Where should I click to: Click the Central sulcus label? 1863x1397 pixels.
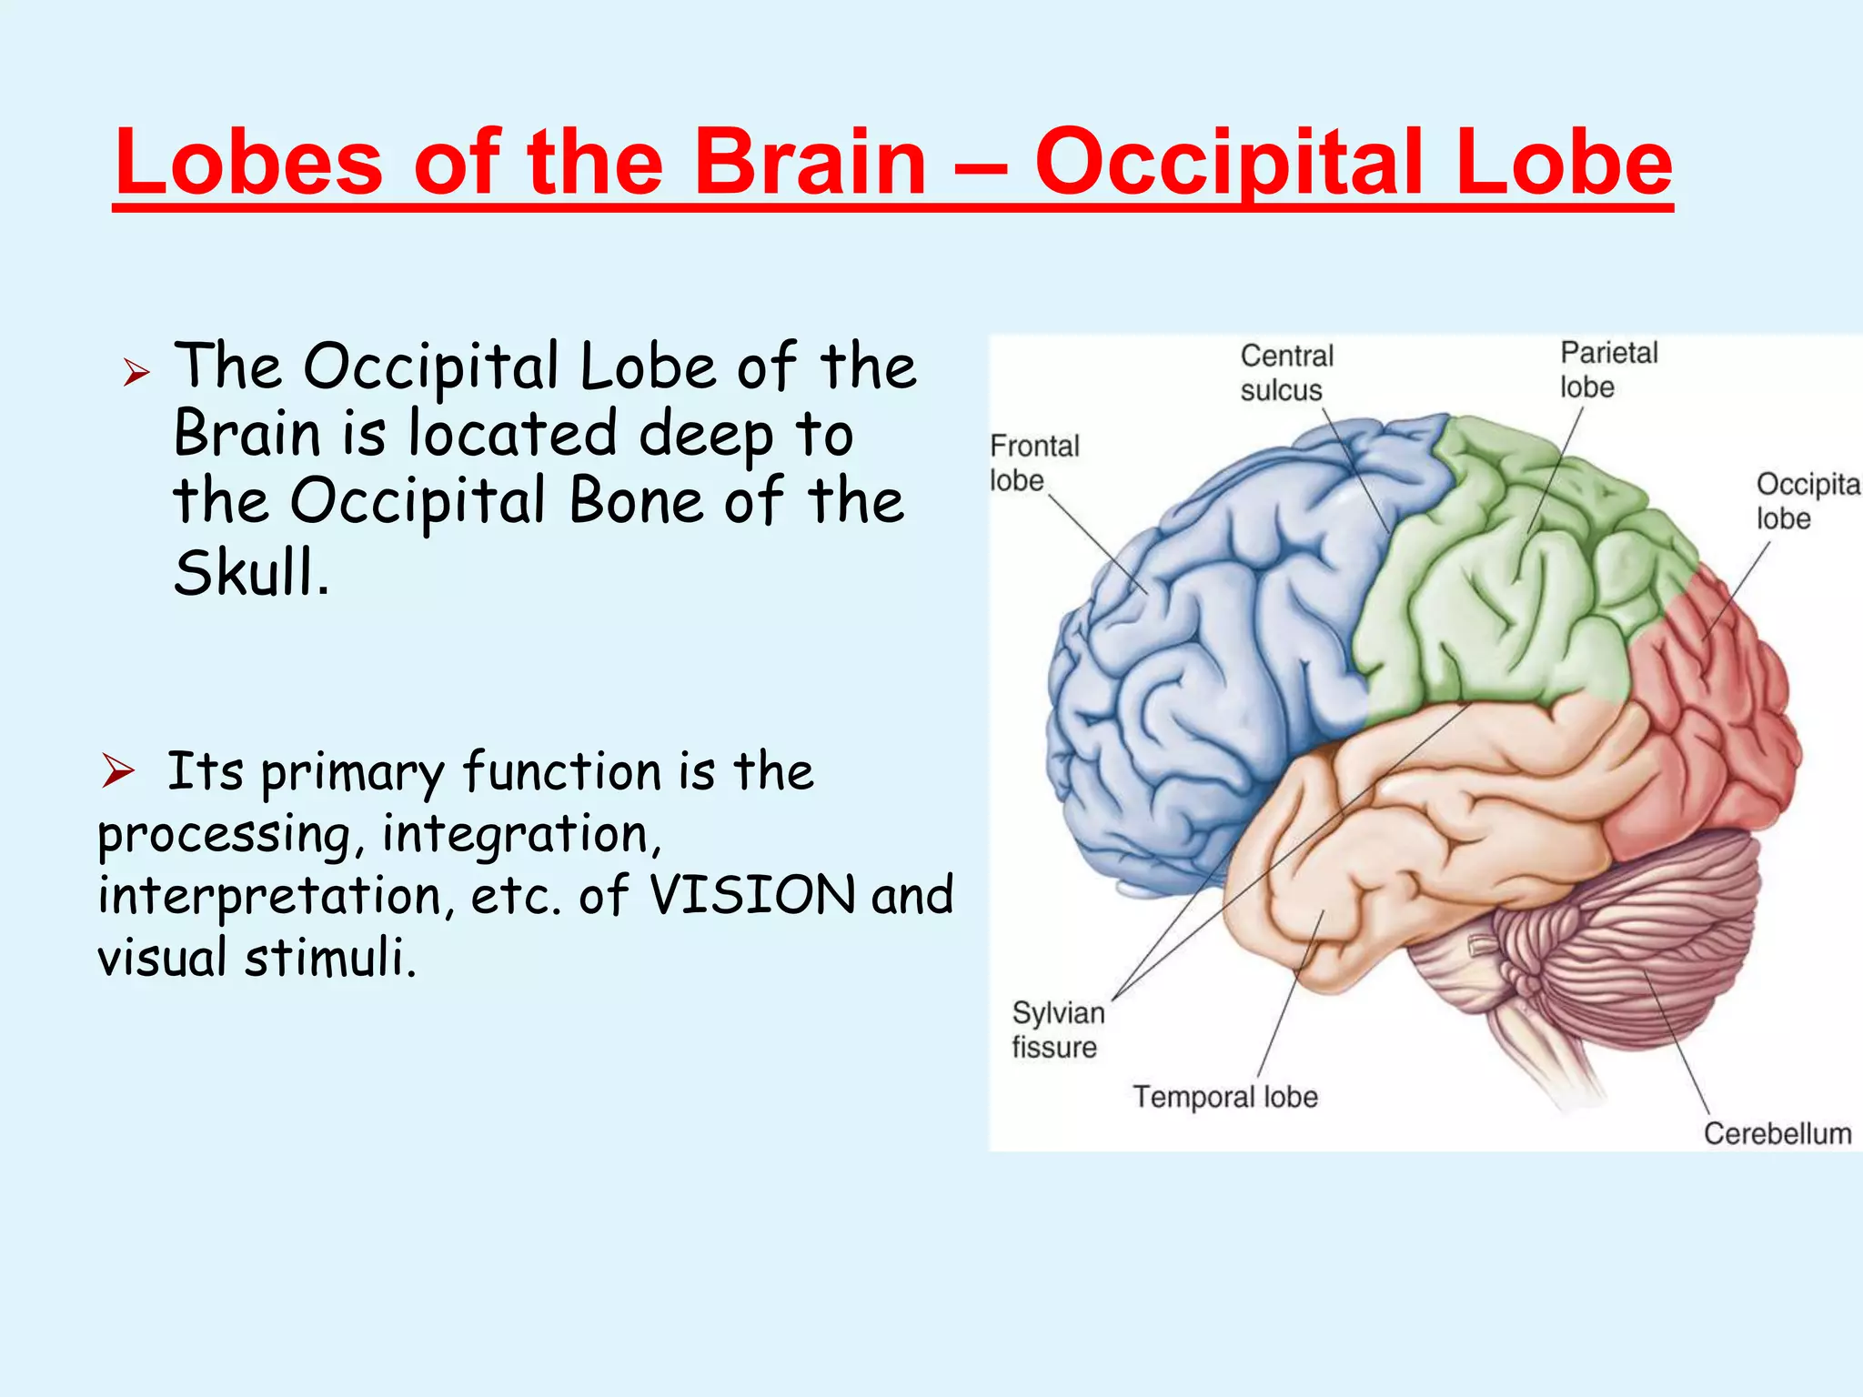pos(1285,373)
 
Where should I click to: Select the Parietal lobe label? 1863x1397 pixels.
pos(1607,369)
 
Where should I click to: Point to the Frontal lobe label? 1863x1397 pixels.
pos(1033,463)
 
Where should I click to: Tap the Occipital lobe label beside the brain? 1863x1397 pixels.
pos(1806,500)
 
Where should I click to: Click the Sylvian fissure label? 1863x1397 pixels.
pos(1057,1030)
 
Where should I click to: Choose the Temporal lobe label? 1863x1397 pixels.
pos(1224,1097)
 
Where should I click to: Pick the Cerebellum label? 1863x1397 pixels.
pos(1777,1133)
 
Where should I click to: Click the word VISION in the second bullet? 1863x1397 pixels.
pos(752,895)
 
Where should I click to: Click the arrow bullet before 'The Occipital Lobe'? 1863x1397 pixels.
pos(136,372)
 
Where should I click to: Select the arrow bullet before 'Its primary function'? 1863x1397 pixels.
pos(117,771)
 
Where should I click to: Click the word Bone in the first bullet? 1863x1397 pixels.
pos(635,500)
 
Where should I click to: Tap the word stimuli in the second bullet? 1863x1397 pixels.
pos(329,958)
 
